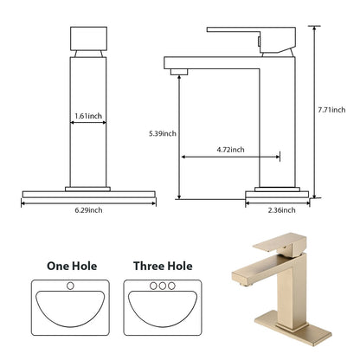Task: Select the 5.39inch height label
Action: (x=163, y=133)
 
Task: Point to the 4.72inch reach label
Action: (x=230, y=150)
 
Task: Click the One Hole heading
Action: (x=71, y=267)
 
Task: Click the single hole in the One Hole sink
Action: (x=71, y=285)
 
